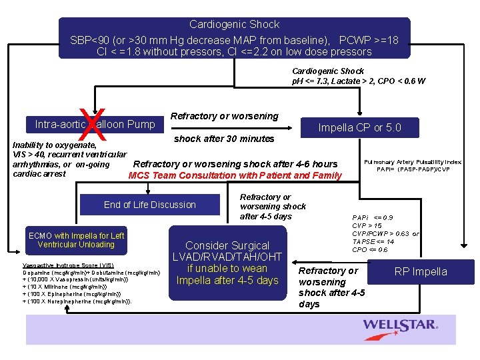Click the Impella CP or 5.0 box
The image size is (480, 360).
click(x=359, y=128)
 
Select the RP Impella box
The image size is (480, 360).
click(x=420, y=271)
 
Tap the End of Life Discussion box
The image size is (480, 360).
click(x=150, y=205)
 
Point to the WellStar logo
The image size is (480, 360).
click(x=400, y=325)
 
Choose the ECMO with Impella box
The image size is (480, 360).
click(x=76, y=240)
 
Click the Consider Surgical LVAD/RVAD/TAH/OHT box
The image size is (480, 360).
click(x=227, y=263)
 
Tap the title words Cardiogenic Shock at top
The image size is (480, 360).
click(x=234, y=25)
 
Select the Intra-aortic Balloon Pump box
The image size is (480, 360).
click(x=95, y=124)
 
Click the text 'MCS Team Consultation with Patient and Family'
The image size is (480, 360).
click(x=235, y=175)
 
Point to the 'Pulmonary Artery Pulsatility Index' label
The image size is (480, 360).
click(x=413, y=162)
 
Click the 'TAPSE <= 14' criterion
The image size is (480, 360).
click(x=373, y=241)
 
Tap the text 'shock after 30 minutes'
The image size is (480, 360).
click(x=224, y=139)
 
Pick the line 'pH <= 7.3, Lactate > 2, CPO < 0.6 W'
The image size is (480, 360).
click(x=359, y=81)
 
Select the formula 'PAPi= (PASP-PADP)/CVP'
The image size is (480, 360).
click(x=413, y=169)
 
